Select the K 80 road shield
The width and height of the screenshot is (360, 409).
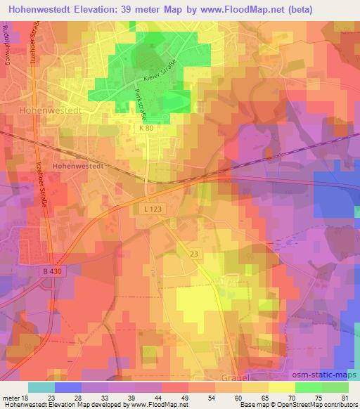(146, 128)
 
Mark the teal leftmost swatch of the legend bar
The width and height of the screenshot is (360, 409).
(41, 387)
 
